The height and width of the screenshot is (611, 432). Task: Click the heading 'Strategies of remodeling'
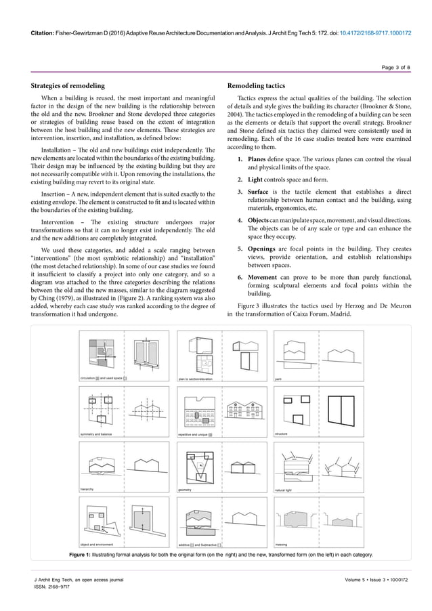pos(68,86)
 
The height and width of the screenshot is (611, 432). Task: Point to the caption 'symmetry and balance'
pos(96,433)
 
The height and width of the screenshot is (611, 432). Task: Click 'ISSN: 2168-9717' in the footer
pos(53,587)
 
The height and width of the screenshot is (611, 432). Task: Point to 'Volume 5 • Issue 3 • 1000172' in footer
pos(378,579)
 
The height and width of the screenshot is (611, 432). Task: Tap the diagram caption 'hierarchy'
pos(87,488)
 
